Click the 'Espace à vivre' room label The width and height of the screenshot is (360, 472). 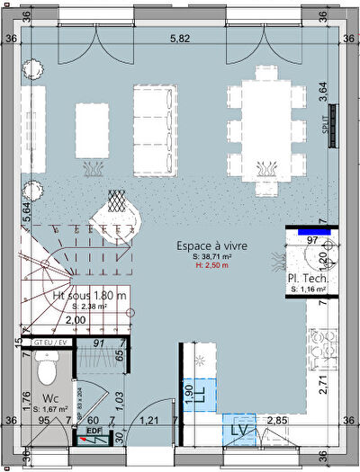(x=212, y=245)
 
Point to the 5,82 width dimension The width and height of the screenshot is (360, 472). (x=181, y=39)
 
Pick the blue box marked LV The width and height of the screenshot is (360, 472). (x=238, y=429)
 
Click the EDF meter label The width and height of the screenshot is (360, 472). (x=93, y=431)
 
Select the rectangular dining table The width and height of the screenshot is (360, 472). (x=265, y=127)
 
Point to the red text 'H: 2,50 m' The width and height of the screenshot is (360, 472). (x=212, y=265)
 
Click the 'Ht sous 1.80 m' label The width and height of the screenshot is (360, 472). (x=90, y=296)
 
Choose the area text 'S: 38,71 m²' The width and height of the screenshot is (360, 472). (x=212, y=255)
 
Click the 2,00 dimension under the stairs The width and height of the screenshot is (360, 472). (x=76, y=320)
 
